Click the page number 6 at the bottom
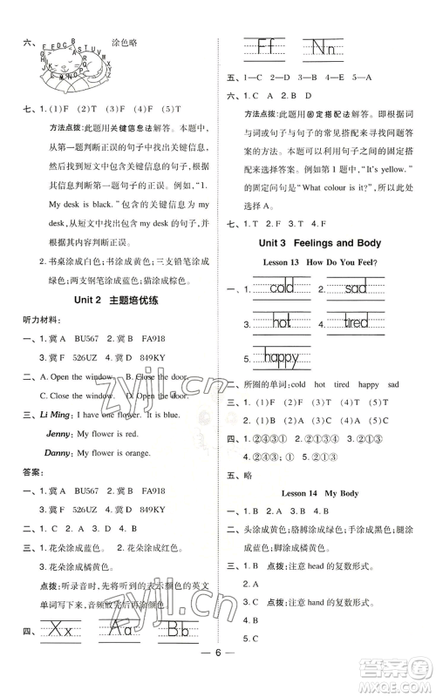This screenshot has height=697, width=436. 217,680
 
